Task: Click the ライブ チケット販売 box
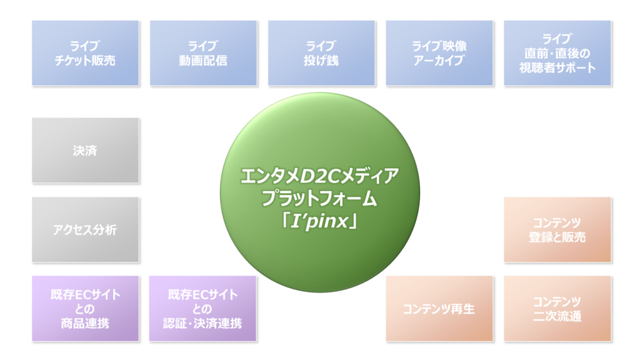click(85, 53)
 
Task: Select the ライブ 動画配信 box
click(203, 53)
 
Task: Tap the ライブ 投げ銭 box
click(321, 53)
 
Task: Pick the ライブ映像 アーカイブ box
click(439, 53)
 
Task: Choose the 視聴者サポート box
click(557, 53)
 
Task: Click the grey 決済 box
click(85, 150)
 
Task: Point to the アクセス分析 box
click(85, 229)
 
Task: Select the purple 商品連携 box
click(85, 309)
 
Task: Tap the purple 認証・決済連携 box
click(202, 309)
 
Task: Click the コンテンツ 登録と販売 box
click(557, 229)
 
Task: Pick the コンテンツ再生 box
click(439, 309)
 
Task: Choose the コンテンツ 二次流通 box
click(557, 309)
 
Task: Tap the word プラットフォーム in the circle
click(319, 199)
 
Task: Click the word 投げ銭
click(321, 61)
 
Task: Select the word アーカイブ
click(439, 61)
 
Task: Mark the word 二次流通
click(557, 316)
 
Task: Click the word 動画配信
click(203, 61)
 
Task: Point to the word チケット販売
click(85, 61)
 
